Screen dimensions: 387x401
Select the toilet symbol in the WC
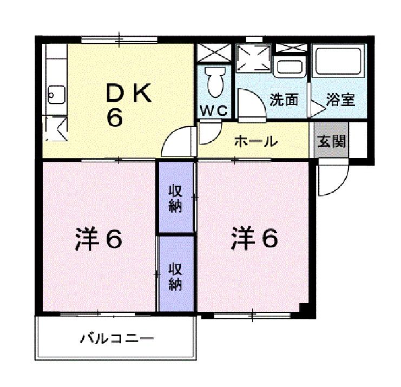(x=214, y=82)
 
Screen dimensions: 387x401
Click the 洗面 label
(x=284, y=100)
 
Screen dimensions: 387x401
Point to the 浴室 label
(x=340, y=100)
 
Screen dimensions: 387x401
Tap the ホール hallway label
(x=255, y=142)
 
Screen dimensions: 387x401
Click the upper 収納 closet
(x=175, y=198)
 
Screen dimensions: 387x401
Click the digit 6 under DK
(x=114, y=118)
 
